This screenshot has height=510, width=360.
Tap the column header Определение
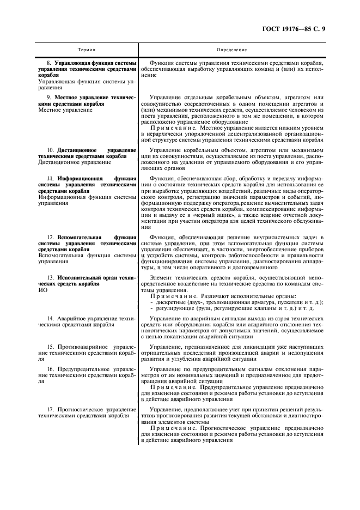click(x=231, y=50)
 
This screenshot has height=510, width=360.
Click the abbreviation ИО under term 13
click(x=43, y=290)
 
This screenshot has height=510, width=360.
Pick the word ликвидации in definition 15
click(x=268, y=347)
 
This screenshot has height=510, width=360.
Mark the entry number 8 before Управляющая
click(x=49, y=64)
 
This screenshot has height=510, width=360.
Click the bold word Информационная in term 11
click(x=82, y=178)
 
